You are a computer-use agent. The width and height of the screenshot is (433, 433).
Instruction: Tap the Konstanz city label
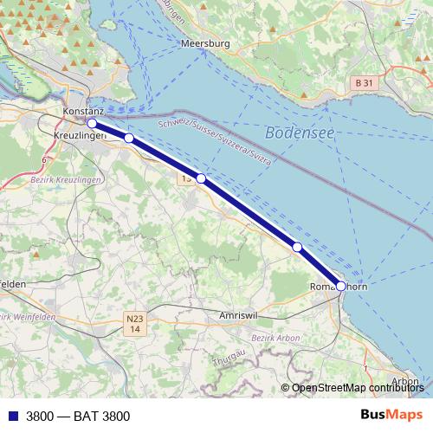pyautogui.click(x=83, y=113)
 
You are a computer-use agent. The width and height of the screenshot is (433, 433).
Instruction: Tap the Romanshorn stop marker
pyautogui.click(x=340, y=286)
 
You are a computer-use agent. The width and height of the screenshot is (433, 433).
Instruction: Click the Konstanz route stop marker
pyautogui.click(x=92, y=123)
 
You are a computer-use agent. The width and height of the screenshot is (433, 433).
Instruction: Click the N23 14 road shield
pyautogui.click(x=134, y=323)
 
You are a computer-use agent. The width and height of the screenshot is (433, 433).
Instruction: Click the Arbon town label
pyautogui.click(x=405, y=381)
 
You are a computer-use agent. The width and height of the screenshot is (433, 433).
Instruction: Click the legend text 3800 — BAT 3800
pyautogui.click(x=78, y=417)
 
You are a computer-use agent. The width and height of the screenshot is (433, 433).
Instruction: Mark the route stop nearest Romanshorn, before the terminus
pyautogui.click(x=297, y=248)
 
